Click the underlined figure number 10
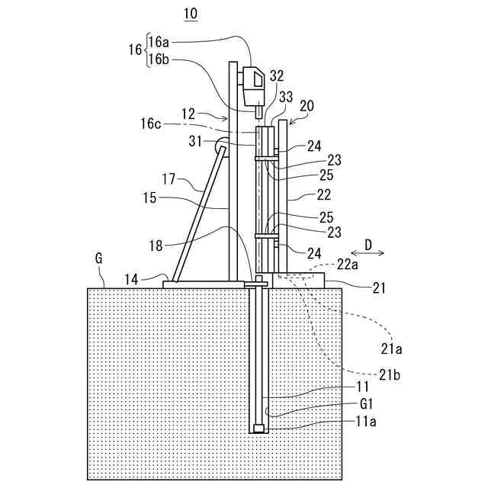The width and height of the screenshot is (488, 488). coord(190,14)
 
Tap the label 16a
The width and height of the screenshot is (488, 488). coord(160,43)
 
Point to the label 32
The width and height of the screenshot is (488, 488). coord(276,76)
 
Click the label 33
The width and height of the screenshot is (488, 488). coord(286,96)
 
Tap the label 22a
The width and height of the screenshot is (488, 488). coord(348,264)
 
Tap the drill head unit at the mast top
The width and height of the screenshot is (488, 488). coord(252,85)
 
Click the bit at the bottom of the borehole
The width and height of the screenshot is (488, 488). coord(260,429)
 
